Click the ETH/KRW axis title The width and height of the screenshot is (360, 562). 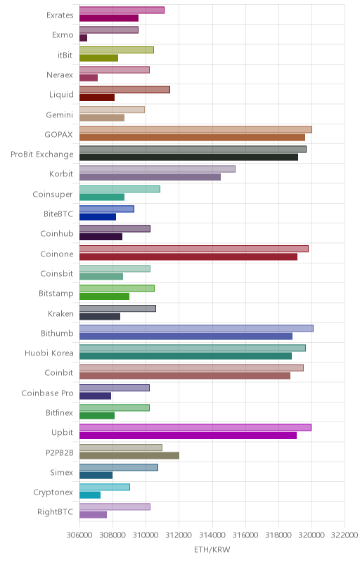tap(212, 549)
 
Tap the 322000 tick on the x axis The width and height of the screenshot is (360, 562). tap(345, 535)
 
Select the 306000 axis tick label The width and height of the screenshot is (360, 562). tap(79, 535)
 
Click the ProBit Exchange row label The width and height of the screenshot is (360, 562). tap(42, 155)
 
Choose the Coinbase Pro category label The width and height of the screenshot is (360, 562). tap(47, 393)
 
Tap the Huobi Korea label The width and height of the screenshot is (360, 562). tap(49, 353)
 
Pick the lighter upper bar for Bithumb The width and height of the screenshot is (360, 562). tap(196, 328)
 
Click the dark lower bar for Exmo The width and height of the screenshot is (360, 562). tap(83, 38)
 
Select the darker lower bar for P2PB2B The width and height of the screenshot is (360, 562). tap(129, 455)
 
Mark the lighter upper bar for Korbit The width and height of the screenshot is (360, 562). tap(157, 169)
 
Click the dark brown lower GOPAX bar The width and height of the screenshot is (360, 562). tap(192, 137)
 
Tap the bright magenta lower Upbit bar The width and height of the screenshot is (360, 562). tap(188, 436)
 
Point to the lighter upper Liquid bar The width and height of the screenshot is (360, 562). tap(124, 90)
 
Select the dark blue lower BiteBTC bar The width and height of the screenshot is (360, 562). tap(98, 217)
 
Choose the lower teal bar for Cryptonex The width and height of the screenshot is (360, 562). tap(90, 495)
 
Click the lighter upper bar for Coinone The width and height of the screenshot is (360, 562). tap(194, 249)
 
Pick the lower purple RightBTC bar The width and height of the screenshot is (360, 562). tap(94, 515)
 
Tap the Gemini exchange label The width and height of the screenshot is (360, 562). tap(60, 115)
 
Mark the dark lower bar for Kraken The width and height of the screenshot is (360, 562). tap(100, 317)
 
